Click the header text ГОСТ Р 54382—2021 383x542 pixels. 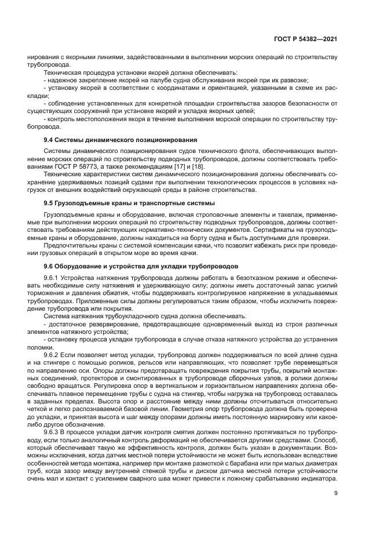[305, 39]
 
